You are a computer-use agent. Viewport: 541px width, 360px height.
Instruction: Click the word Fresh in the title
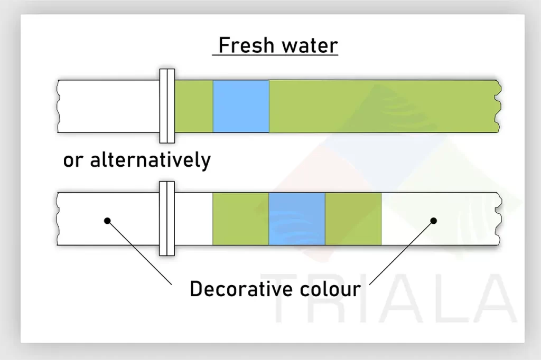(246, 45)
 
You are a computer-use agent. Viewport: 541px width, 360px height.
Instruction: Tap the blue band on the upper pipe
(241, 106)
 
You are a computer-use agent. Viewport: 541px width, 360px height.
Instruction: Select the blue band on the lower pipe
(297, 219)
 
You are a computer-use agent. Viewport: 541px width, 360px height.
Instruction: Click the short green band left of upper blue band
(194, 106)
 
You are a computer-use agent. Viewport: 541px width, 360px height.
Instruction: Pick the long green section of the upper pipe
(384, 106)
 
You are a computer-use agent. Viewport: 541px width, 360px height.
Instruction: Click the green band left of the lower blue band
(240, 219)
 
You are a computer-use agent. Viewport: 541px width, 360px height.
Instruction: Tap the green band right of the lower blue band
(353, 219)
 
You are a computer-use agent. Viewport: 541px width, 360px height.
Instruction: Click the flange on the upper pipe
(167, 106)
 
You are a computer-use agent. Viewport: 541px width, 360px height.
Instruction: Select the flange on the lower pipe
(167, 219)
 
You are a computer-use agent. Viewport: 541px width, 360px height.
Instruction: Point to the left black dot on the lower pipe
(107, 221)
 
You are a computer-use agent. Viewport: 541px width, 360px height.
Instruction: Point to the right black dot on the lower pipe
(434, 221)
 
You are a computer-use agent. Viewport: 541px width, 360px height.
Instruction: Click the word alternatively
(151, 160)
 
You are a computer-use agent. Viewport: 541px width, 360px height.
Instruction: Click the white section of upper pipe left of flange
(108, 106)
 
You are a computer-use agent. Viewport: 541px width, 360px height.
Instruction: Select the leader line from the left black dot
(139, 253)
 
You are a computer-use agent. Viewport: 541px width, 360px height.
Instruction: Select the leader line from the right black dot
(402, 253)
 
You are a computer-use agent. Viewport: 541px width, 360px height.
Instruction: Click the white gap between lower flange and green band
(193, 219)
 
